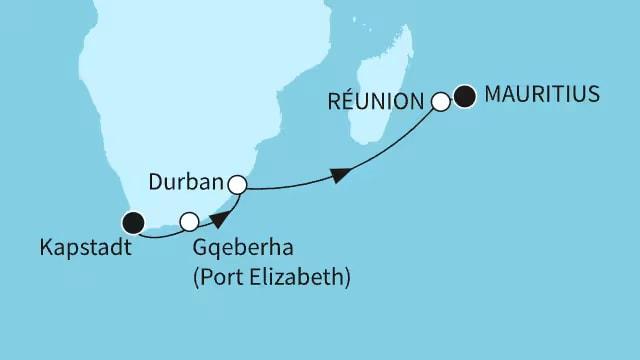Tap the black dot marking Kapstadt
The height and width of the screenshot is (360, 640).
pos(132,221)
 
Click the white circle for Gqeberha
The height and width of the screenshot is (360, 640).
pos(188,221)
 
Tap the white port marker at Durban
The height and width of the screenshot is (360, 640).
pos(237,184)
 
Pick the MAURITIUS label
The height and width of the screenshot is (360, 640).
pos(541,95)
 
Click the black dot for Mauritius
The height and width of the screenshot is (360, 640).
pos(464,98)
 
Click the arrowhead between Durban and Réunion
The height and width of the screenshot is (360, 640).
pos(341,175)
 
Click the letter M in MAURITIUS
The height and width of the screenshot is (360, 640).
pos(492,95)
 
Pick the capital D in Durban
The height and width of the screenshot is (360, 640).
pos(154,183)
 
